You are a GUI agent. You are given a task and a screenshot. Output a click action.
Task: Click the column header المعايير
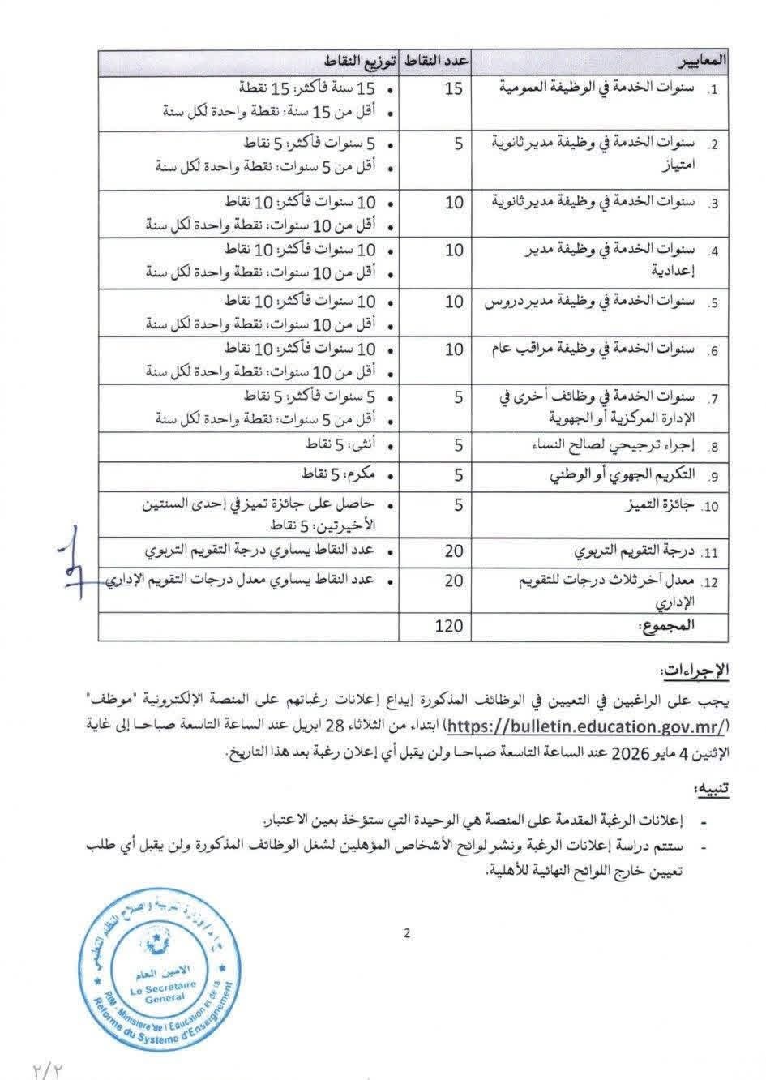[x=702, y=62]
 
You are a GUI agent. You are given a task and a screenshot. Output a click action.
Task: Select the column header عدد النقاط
[x=437, y=62]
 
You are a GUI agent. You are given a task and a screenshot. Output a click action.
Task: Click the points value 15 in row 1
[x=454, y=88]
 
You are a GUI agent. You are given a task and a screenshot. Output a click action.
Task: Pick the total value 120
[x=448, y=625]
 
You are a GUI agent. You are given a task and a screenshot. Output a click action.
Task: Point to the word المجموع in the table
[x=690, y=625]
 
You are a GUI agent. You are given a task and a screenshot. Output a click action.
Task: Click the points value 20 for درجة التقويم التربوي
[x=454, y=552]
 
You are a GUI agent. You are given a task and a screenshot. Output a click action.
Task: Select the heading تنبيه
[x=712, y=789]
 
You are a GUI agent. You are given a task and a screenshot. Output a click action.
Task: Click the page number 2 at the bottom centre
[x=407, y=933]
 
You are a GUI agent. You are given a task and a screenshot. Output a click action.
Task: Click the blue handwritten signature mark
[x=77, y=564]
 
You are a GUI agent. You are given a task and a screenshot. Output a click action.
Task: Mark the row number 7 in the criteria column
[x=713, y=399]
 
